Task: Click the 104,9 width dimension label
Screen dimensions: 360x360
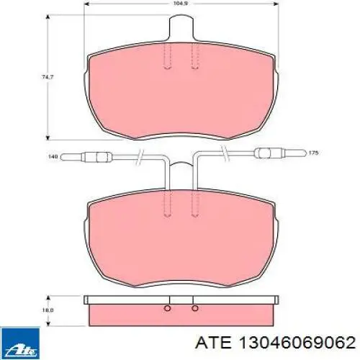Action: (x=182, y=4)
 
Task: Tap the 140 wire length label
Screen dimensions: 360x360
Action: (x=53, y=157)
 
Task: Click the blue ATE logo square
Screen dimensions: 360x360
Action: (x=20, y=343)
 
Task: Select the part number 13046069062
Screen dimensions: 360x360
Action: (x=296, y=343)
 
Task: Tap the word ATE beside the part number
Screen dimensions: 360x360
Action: (x=213, y=343)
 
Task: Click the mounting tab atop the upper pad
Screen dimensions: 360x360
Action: (x=181, y=27)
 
